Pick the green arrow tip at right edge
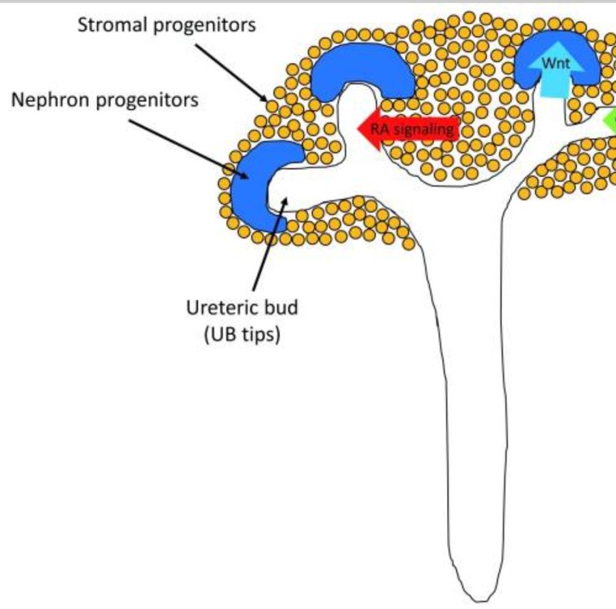tap(609, 122)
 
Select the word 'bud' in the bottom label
tap(283, 308)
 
